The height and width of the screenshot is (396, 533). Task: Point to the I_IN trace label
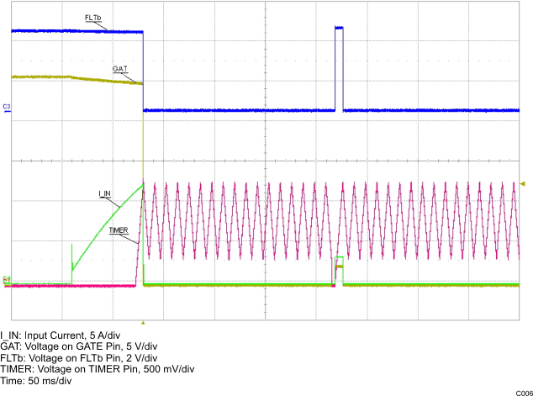pos(105,193)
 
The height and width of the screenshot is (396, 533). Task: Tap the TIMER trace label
pos(119,230)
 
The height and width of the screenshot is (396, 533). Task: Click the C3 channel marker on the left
pos(7,107)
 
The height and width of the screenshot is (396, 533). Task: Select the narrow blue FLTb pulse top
pos(340,28)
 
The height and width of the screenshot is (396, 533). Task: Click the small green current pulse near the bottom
pos(340,257)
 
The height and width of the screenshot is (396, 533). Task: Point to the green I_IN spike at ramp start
pos(72,257)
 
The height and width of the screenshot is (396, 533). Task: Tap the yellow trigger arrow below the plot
pos(143,323)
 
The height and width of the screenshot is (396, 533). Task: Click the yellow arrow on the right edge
pos(523,184)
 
